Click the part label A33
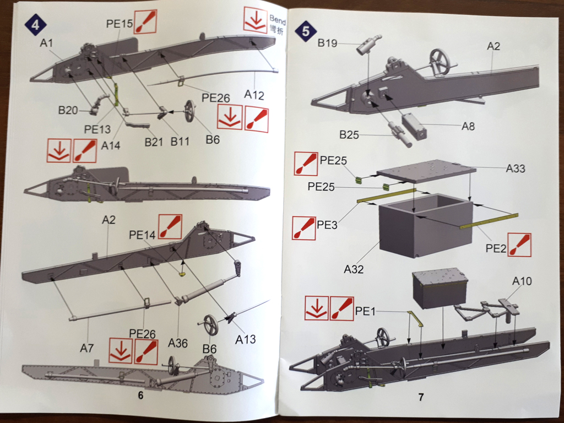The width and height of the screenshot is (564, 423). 516,169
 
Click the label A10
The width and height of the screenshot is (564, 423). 522,281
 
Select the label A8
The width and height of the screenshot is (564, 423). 468,126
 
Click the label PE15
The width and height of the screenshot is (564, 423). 120,24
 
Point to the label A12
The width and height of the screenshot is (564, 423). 255,95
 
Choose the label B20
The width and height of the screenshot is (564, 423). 68,110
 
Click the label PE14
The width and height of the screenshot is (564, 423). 143,235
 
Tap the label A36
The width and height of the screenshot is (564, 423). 178,343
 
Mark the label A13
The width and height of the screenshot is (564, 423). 246,339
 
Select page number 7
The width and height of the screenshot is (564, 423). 421,397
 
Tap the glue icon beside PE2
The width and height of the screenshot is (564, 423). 519,245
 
